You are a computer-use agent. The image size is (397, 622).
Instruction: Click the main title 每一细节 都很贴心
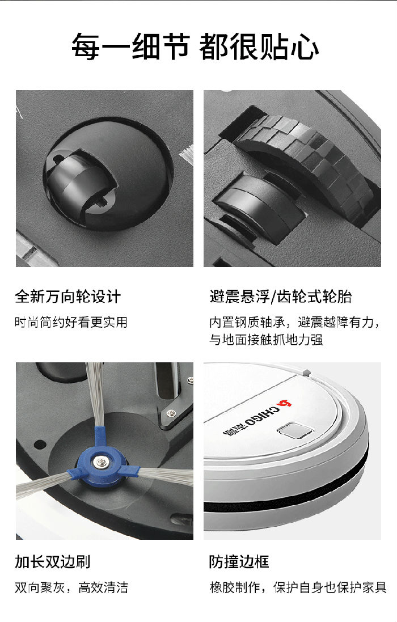[x=195, y=47]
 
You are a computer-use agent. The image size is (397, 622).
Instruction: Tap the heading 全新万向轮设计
[x=68, y=297]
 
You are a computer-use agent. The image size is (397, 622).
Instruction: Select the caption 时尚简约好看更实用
[x=71, y=322]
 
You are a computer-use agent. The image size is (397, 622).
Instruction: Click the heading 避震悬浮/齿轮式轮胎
[x=281, y=297]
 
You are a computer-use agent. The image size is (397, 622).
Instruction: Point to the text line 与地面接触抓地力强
[x=266, y=340]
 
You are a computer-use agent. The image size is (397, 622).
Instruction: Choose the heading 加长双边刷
[x=53, y=562]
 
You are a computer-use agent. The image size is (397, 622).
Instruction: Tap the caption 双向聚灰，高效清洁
[x=71, y=587]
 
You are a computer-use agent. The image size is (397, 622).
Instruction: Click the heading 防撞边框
[x=239, y=562]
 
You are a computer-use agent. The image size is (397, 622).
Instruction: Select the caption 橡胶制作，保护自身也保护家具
[x=298, y=587]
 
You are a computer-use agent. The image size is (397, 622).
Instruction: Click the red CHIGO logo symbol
[x=284, y=404]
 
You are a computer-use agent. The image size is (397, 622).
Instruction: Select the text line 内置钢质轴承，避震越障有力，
[x=295, y=322]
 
